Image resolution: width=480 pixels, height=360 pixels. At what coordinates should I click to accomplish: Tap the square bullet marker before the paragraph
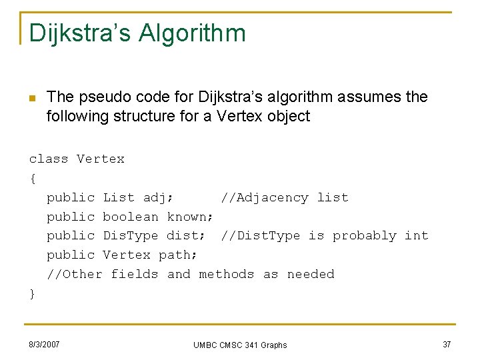pos(32,98)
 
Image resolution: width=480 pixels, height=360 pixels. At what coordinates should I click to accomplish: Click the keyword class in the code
pos(49,159)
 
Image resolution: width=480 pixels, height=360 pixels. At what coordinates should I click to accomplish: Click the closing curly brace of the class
pos(32,293)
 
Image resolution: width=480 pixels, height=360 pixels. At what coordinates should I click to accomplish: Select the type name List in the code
pos(119,197)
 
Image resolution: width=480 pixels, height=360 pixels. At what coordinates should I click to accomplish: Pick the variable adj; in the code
pos(159,197)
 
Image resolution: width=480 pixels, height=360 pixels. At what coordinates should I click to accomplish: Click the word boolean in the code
pos(131,217)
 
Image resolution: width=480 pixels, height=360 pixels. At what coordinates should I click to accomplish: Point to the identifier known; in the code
pos(190,217)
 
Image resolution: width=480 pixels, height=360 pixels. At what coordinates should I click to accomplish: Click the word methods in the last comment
pos(227,274)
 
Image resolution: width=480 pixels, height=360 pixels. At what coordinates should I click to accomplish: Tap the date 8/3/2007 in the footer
pos(45,345)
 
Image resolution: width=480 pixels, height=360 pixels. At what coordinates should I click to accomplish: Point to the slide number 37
pos(447,344)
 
